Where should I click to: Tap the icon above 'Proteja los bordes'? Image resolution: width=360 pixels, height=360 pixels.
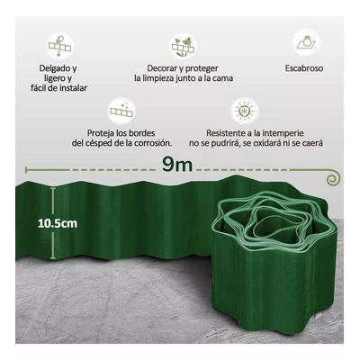pyautogui.click(x=119, y=111)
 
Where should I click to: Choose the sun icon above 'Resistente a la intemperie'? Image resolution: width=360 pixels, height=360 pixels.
pyautogui.click(x=243, y=111)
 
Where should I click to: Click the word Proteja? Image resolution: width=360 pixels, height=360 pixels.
pyautogui.click(x=98, y=131)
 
